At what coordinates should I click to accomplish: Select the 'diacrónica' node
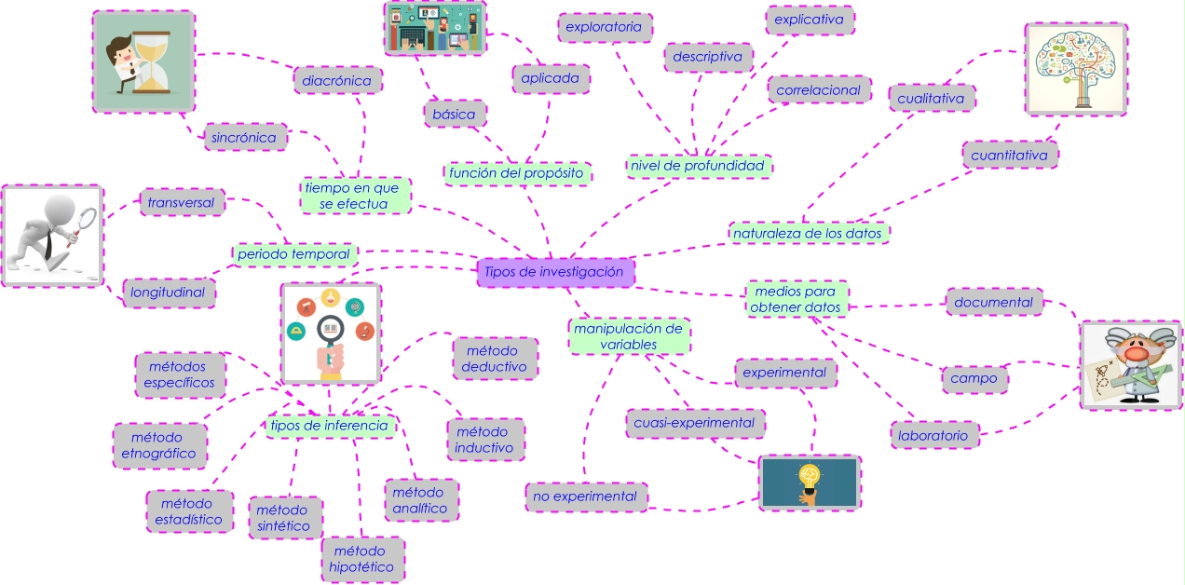coord(337,80)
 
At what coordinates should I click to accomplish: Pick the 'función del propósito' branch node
coord(516,172)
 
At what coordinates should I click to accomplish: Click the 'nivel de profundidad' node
coord(697,166)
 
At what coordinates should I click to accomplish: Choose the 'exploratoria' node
coord(604,27)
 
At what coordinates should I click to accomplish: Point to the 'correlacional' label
coord(819,90)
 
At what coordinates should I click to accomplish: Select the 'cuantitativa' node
coord(1009,156)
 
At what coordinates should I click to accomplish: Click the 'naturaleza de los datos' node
coord(807,233)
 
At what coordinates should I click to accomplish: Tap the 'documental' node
coord(993,302)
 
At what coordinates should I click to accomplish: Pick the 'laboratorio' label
coord(933,435)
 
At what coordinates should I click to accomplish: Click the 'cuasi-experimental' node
coord(694,423)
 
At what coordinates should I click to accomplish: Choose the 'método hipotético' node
coord(362,559)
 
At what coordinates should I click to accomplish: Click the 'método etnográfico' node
coord(159,445)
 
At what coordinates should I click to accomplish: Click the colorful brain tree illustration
coord(1075,69)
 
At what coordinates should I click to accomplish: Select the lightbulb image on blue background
coord(810,483)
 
